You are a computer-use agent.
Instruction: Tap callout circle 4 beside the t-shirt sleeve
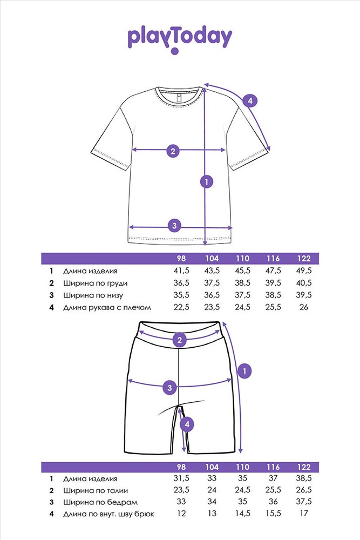pos(250,101)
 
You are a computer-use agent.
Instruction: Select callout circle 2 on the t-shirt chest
pos(173,151)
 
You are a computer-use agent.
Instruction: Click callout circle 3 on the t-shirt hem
pos(174,226)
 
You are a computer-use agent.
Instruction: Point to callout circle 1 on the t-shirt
pos(207,181)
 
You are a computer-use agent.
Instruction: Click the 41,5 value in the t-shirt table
pos(181,271)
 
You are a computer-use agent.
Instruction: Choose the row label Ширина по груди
pos(96,283)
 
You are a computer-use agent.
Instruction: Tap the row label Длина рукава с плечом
pos(107,307)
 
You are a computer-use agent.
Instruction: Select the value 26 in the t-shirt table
pos(303,307)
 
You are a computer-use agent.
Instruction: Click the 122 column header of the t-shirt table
pos(303,258)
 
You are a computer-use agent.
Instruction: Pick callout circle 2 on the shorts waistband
pos(179,340)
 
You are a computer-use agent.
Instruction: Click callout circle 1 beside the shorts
pos(244,372)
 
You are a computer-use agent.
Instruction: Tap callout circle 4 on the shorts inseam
pos(187,424)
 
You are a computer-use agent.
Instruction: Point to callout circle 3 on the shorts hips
pos(169,388)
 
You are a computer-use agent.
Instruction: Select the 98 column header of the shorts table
pos(181,467)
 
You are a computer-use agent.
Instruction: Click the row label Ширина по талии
pos(96,490)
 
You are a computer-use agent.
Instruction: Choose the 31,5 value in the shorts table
pos(181,478)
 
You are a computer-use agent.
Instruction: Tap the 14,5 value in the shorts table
pos(243,514)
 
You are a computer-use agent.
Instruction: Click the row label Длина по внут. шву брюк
pos(108,514)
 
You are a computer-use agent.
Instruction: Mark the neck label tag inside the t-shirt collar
pos(179,98)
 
